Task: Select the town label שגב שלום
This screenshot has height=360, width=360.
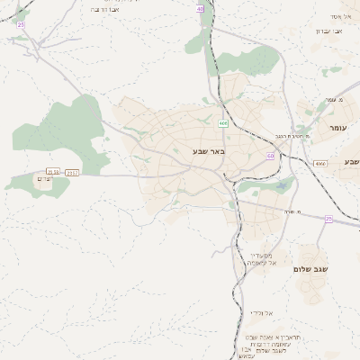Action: (310, 268)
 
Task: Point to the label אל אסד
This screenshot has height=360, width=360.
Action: (340, 16)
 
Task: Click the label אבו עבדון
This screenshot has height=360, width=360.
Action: (327, 31)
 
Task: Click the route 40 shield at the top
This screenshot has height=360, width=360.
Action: (200, 7)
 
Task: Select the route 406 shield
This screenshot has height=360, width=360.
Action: (221, 121)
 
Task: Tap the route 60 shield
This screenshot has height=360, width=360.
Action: (270, 156)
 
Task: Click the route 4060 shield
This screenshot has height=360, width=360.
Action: (320, 164)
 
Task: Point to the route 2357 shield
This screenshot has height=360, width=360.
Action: (73, 172)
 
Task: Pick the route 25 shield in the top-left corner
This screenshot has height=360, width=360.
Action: (21, 24)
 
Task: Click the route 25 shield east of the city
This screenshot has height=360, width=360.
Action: (328, 219)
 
